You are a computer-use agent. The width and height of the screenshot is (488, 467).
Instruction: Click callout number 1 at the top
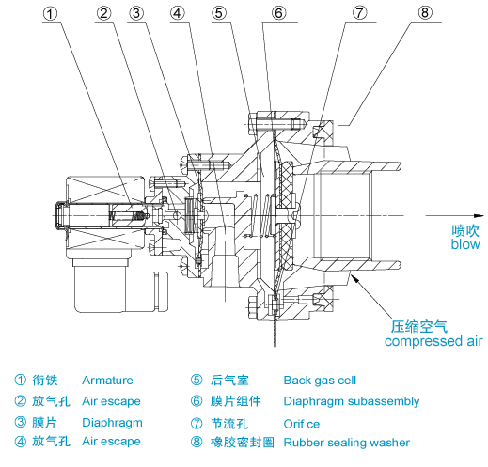click(50, 14)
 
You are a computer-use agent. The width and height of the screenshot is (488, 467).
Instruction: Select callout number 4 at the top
click(178, 13)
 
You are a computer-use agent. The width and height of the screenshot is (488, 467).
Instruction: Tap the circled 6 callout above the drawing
click(278, 13)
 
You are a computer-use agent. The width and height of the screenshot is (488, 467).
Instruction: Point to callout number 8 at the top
click(425, 13)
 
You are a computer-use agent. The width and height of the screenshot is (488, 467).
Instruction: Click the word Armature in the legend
click(107, 381)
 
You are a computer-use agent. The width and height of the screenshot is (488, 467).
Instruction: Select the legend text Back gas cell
click(320, 381)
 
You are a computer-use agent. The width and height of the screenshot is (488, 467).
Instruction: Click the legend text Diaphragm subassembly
click(352, 401)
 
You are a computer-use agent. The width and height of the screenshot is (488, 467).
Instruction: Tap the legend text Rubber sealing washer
click(347, 443)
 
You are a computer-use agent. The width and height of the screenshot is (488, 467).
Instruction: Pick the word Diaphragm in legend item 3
click(112, 423)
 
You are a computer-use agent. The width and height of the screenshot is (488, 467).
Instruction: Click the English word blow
click(465, 244)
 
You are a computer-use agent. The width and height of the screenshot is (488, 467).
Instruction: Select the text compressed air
click(433, 341)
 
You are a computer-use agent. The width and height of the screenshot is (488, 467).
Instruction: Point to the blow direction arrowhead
click(479, 215)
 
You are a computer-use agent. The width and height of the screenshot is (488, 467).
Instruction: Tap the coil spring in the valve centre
click(262, 215)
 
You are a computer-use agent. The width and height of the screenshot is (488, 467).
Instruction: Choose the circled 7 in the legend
click(197, 424)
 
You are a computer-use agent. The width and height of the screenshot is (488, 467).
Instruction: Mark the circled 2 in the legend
click(21, 401)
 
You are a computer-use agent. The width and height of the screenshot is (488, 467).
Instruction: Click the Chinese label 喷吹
click(465, 230)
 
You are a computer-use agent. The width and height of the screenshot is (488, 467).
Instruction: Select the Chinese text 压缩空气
click(419, 327)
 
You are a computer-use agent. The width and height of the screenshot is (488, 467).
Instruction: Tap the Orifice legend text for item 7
click(302, 424)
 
